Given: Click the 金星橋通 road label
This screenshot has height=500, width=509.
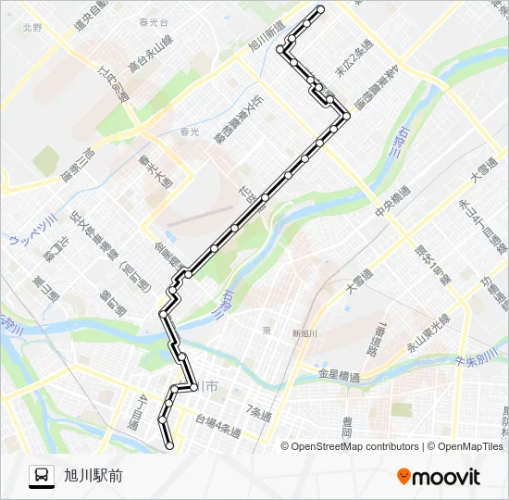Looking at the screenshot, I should (x=338, y=376).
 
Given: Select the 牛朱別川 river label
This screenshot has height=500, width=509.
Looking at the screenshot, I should (x=478, y=361).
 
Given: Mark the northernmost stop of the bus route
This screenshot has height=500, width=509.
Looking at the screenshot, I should (x=321, y=9).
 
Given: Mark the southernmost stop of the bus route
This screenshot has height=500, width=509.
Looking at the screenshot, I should (x=169, y=446).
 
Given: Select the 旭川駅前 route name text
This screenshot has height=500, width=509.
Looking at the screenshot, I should (x=93, y=476).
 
